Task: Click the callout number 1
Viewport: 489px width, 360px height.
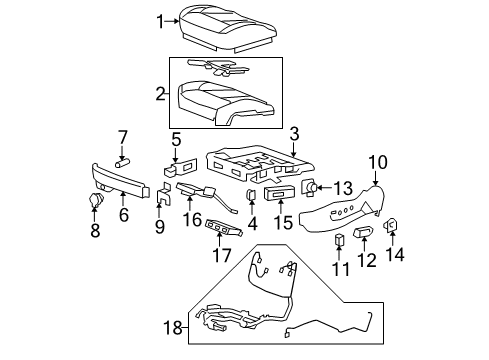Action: tap(159, 19)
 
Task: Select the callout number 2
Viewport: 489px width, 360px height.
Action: tap(160, 96)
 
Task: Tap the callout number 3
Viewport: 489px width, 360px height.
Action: tap(294, 132)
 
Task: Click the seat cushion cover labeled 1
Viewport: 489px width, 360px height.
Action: tap(224, 25)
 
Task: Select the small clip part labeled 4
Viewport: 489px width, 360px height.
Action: tap(250, 194)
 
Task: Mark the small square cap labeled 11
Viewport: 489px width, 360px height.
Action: tap(339, 238)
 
